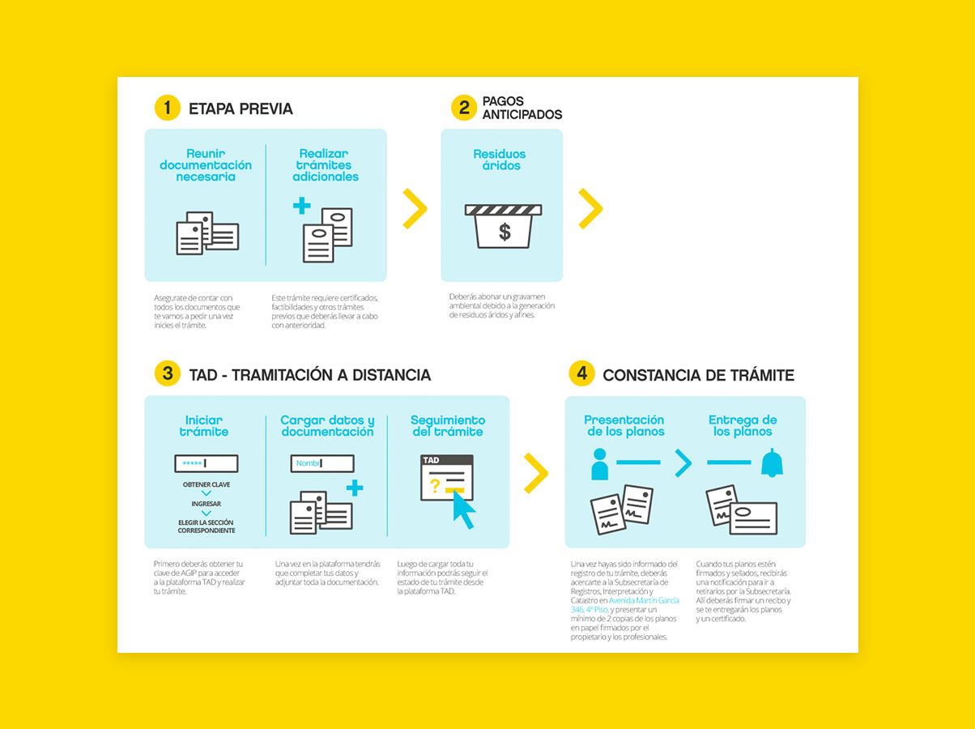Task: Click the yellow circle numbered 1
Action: click(167, 108)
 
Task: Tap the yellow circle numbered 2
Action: click(463, 108)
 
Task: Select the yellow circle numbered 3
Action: click(167, 373)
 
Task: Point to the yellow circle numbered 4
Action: click(581, 373)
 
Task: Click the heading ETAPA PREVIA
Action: click(241, 109)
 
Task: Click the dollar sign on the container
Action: click(505, 232)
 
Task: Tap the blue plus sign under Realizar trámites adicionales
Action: click(302, 206)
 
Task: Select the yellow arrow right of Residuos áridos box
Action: click(590, 208)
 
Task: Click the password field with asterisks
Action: click(206, 463)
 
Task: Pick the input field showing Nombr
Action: click(322, 463)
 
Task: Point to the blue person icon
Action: click(599, 464)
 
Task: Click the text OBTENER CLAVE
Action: click(206, 484)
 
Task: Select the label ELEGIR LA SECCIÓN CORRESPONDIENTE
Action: click(206, 526)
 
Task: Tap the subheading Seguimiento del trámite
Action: click(447, 426)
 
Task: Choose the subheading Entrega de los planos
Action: click(743, 426)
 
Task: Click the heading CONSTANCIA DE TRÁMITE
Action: click(698, 375)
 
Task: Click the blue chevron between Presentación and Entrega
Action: click(683, 463)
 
